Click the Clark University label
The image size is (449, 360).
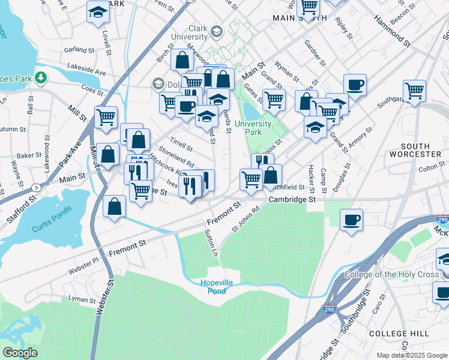(x=189, y=32)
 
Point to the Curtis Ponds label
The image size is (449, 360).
(x=52, y=213)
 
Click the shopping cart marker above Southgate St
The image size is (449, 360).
(x=414, y=91)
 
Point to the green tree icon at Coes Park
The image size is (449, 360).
(x=40, y=77)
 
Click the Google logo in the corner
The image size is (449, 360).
(x=20, y=353)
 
